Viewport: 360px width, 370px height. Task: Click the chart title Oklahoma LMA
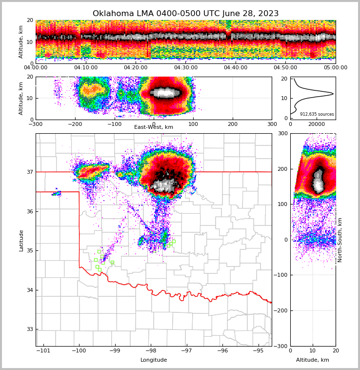click(185, 14)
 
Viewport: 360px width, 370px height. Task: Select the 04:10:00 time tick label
click(86, 68)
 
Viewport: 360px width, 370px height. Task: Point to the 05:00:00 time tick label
click(336, 68)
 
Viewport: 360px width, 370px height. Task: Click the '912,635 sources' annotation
click(317, 114)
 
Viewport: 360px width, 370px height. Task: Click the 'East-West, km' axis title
click(154, 127)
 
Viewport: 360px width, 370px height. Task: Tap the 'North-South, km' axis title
click(340, 240)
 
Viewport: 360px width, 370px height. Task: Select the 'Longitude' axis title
click(154, 360)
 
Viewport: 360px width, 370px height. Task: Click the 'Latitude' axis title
click(21, 240)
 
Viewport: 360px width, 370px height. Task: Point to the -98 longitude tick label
click(150, 350)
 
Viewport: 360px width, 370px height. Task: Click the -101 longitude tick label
click(43, 350)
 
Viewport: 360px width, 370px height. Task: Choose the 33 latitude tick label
click(29, 329)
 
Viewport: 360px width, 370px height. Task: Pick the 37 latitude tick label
click(29, 172)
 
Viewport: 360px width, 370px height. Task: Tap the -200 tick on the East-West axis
click(75, 124)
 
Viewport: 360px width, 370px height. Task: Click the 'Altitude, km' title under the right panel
click(313, 360)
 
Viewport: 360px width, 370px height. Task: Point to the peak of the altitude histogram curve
click(333, 93)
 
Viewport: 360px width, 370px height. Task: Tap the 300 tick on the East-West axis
click(272, 124)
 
